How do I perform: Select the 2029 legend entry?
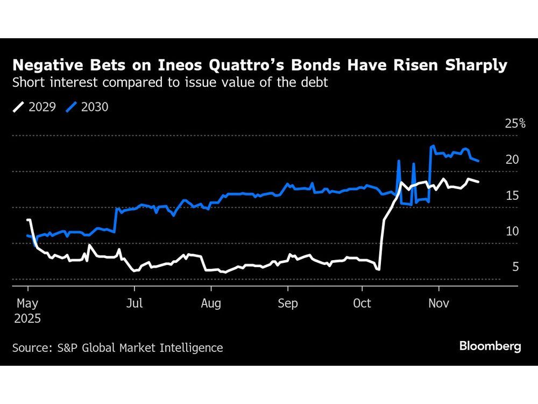(35, 107)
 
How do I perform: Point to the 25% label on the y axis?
(515, 123)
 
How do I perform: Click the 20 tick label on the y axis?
(512, 159)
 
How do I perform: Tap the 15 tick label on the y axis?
(512, 195)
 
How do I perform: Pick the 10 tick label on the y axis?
(512, 231)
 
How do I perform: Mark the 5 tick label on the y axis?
(515, 267)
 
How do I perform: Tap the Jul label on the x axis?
(134, 303)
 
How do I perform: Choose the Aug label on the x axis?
(211, 303)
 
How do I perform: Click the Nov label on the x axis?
(439, 303)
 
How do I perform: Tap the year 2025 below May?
(27, 318)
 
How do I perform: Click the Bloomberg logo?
(490, 346)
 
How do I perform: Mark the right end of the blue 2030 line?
(479, 161)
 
